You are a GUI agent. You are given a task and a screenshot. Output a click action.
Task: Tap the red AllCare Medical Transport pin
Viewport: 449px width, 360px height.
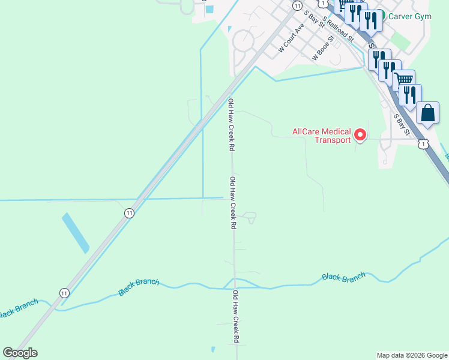pyautogui.click(x=360, y=135)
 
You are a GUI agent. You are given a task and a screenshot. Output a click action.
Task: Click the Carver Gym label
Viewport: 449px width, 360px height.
pyautogui.click(x=410, y=17)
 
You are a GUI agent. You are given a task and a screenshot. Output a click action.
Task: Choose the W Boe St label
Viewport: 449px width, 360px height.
pyautogui.click(x=323, y=51)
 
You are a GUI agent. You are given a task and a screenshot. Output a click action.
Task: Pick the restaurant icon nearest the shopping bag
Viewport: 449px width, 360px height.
pyautogui.click(x=410, y=95)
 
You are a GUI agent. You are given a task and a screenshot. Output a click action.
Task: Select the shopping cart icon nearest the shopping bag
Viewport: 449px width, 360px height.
pyautogui.click(x=403, y=80)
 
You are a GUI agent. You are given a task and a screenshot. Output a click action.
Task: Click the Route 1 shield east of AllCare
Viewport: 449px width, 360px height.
pyautogui.click(x=423, y=143)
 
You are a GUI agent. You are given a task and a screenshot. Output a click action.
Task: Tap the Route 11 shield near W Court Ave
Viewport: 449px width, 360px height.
pyautogui.click(x=297, y=5)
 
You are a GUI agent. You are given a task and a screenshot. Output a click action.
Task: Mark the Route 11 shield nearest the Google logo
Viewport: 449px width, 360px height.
pyautogui.click(x=64, y=292)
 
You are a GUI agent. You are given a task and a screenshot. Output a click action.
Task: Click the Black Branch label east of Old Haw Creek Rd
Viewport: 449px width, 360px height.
pyautogui.click(x=343, y=277)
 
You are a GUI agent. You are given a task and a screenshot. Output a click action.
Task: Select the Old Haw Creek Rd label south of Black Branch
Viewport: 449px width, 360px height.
pyautogui.click(x=236, y=316)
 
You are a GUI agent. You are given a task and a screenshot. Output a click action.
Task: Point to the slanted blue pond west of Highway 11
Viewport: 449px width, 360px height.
pyautogui.click(x=75, y=232)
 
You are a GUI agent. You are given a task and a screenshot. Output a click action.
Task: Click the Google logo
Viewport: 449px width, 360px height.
pyautogui.click(x=20, y=353)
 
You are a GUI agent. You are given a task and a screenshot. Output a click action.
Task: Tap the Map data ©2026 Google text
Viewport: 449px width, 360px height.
pyautogui.click(x=411, y=355)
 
